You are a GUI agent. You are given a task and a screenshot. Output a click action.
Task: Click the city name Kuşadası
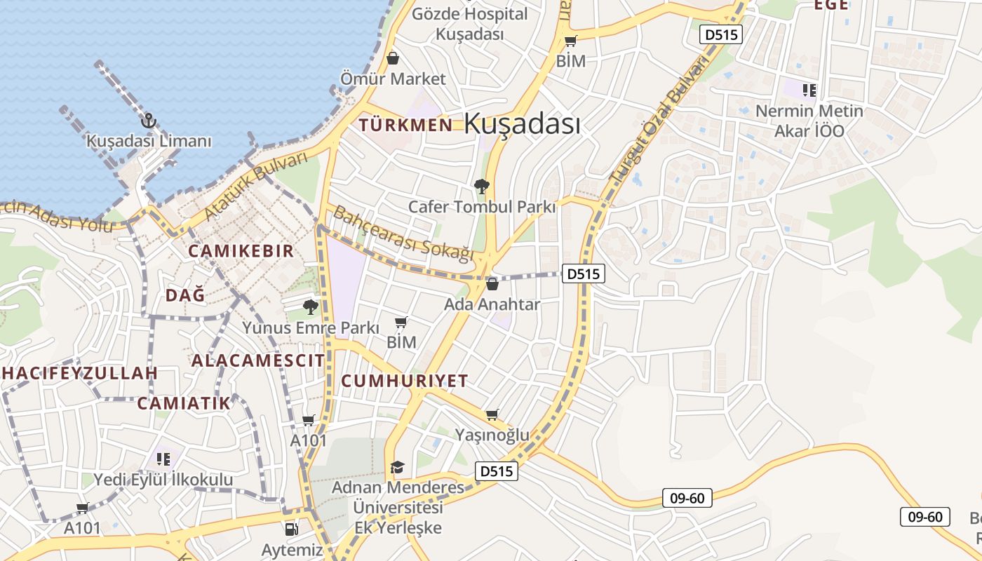click(x=522, y=124)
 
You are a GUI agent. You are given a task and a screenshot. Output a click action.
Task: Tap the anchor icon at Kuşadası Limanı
click(x=148, y=121)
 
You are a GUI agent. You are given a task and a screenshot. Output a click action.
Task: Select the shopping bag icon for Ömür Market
click(x=393, y=58)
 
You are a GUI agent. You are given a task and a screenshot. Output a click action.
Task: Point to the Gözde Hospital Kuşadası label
click(x=469, y=24)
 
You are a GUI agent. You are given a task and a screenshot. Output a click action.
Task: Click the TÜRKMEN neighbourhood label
click(x=405, y=126)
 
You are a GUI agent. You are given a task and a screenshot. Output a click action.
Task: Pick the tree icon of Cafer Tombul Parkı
click(x=482, y=187)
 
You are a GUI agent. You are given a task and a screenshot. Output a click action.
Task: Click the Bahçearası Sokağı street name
click(x=403, y=234)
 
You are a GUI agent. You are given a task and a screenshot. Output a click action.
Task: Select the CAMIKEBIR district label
click(x=241, y=251)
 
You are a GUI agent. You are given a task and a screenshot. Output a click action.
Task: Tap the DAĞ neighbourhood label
click(x=185, y=295)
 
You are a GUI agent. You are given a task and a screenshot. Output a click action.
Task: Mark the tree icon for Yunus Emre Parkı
click(x=310, y=306)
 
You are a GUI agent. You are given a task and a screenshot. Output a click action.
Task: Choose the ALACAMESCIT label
click(x=258, y=360)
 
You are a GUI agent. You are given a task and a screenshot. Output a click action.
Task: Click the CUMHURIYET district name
click(x=404, y=381)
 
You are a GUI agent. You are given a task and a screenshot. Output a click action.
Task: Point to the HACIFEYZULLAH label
click(x=79, y=373)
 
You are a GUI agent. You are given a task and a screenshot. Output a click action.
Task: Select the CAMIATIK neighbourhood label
click(x=183, y=403)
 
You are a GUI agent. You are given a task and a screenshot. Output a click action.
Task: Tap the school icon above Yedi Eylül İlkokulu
click(x=163, y=459)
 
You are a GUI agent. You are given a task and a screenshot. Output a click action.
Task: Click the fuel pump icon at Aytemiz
click(x=291, y=529)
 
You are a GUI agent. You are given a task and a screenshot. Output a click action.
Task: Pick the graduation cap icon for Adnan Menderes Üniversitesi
click(x=398, y=467)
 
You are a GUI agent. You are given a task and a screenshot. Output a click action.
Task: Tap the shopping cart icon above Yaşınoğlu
click(x=492, y=415)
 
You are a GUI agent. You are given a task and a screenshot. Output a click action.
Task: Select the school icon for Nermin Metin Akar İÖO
click(x=809, y=90)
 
